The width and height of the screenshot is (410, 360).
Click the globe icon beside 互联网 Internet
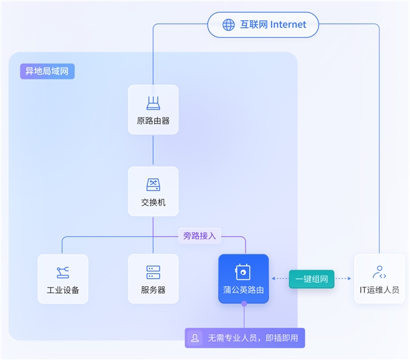[228, 25]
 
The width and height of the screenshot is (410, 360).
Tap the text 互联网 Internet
[272, 25]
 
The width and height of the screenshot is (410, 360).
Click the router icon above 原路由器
[153, 103]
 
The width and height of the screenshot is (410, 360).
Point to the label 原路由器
[153, 121]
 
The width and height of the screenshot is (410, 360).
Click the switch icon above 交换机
[153, 185]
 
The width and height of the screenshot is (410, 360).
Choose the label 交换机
[153, 203]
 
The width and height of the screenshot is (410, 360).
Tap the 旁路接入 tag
[199, 236]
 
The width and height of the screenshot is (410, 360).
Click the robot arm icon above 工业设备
[62, 272]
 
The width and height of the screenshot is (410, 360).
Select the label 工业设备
[62, 291]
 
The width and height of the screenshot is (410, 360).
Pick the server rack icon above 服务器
[153, 272]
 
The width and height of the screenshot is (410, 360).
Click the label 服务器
[153, 291]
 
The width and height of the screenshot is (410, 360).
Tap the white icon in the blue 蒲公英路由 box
[243, 272]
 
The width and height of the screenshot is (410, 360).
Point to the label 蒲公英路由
[243, 291]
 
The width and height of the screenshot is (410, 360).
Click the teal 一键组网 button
[312, 278]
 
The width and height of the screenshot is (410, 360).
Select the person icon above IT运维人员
[379, 272]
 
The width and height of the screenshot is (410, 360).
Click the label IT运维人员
[379, 291]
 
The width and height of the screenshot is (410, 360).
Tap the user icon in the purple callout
[196, 338]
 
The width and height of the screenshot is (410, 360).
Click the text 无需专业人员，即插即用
[252, 338]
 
